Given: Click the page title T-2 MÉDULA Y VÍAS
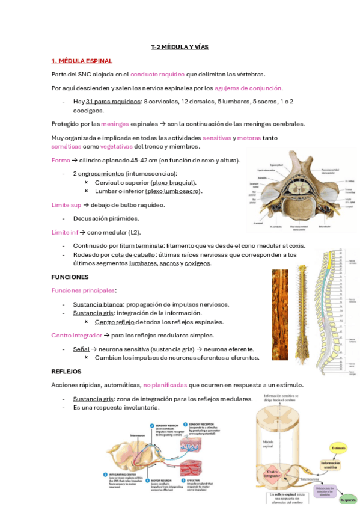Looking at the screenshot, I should click(180, 47).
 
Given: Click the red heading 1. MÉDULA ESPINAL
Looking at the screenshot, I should click(82, 61).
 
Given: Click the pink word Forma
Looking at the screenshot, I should click(61, 160).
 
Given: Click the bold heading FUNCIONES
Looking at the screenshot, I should click(70, 277).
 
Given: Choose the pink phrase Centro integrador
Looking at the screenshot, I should click(76, 336).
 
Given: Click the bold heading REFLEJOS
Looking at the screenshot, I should click(66, 372).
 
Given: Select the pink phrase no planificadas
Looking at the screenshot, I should click(165, 385).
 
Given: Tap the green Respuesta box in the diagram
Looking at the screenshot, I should click(348, 499).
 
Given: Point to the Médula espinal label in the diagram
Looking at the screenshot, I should click(268, 446).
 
